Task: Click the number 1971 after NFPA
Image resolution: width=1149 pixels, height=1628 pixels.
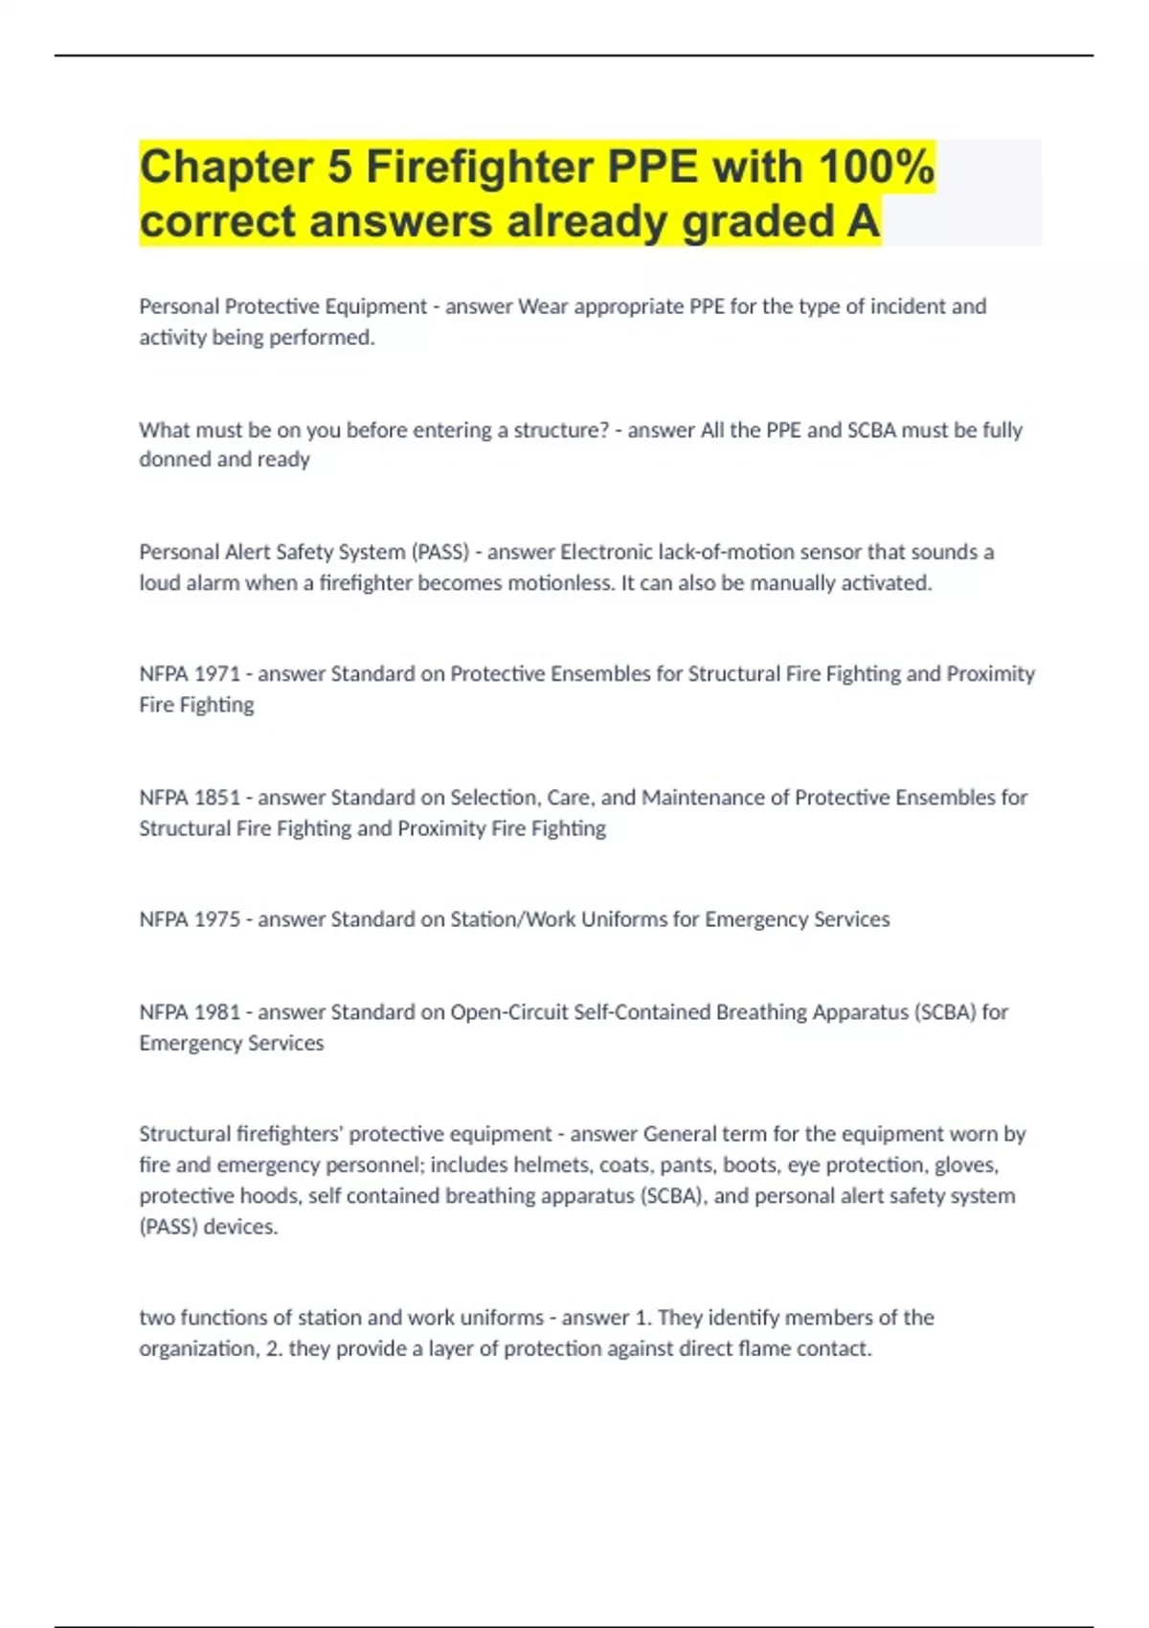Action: point(217,674)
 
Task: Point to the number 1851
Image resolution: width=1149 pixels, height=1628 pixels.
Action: point(217,798)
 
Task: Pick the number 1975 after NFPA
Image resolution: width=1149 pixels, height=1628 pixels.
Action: point(217,919)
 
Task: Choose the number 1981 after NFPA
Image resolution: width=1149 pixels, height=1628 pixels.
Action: point(217,1012)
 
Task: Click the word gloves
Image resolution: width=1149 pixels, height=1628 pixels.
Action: point(966,1165)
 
